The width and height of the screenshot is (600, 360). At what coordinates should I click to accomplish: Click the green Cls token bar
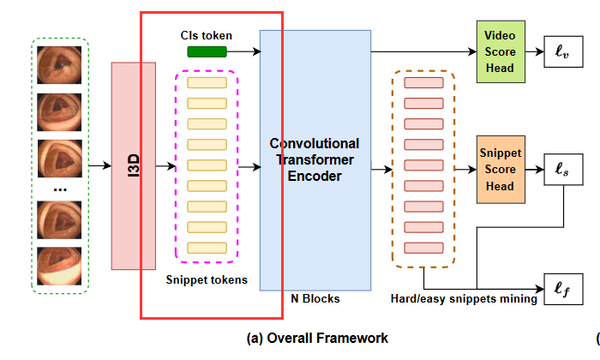click(207, 52)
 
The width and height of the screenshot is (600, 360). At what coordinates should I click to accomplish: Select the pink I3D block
click(134, 166)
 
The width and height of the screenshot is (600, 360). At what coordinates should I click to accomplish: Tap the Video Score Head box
click(500, 51)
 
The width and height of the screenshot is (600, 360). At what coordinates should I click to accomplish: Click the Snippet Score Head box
click(500, 169)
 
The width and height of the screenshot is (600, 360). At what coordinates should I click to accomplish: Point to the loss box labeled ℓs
click(562, 171)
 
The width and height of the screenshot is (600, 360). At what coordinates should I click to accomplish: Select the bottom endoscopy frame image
click(59, 267)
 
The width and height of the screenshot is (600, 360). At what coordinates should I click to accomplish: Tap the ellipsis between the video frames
click(59, 188)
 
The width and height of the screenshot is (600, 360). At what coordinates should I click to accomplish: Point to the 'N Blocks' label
click(315, 299)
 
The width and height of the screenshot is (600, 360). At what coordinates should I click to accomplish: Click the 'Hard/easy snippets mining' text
click(463, 299)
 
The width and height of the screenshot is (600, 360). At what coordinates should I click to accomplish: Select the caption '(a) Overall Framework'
click(317, 338)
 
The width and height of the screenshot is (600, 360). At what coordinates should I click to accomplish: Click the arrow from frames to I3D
click(99, 166)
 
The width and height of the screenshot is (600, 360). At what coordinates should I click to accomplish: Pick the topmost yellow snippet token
click(207, 83)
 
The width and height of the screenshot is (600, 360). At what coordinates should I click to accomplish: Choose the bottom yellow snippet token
click(207, 247)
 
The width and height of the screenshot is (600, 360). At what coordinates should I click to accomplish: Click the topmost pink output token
click(423, 83)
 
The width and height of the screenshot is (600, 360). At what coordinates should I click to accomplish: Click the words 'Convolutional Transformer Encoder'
click(315, 159)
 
